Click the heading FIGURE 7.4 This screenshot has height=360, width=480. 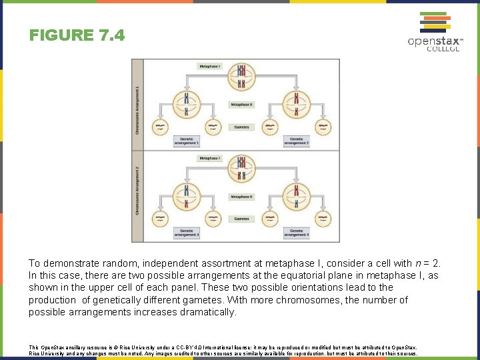pos(77,35)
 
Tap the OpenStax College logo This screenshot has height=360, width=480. pos(435,31)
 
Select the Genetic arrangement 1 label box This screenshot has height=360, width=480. pos(187,141)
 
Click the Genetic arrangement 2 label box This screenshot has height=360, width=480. pos(297,141)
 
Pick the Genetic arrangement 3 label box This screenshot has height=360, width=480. pos(187,233)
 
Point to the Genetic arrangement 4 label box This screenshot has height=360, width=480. pos(297,233)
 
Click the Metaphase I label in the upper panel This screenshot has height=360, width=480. pos(209,66)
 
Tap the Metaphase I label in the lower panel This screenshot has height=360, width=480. pos(209,158)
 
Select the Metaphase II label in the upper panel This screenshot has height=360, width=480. pos(241,105)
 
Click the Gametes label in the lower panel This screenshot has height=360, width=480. pos(241,218)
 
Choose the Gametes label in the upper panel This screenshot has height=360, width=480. pos(241,126)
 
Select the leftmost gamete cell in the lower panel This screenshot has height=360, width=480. pos(160,217)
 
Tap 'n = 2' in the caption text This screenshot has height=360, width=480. pos(423,263)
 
